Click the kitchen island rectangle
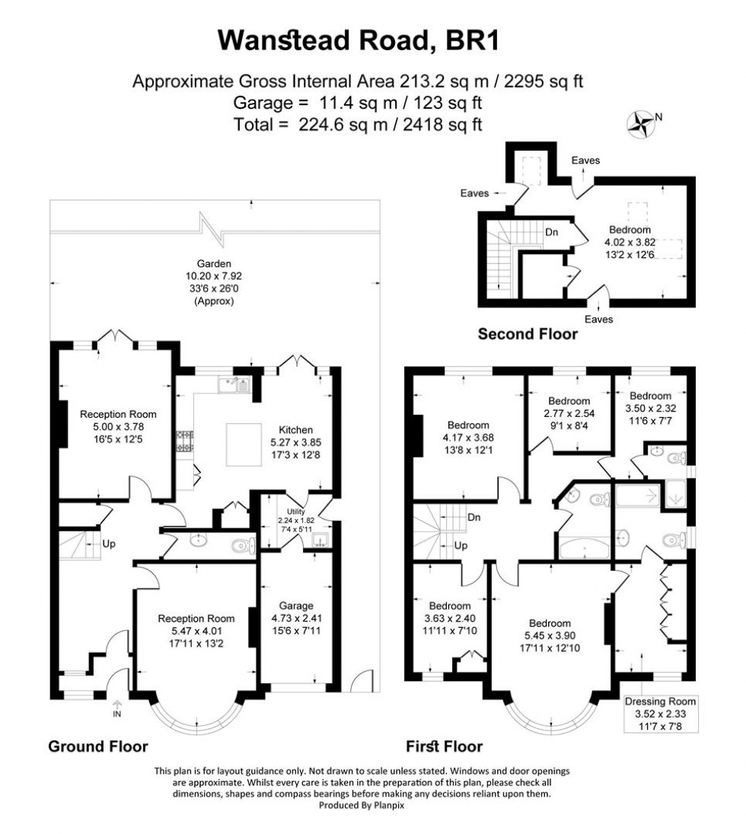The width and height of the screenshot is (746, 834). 244,442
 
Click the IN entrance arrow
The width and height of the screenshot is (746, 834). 117,708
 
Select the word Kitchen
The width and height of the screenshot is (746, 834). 296,430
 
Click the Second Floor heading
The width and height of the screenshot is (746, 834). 527,333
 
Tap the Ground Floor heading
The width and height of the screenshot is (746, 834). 98,746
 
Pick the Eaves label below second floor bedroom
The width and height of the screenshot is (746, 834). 600,319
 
